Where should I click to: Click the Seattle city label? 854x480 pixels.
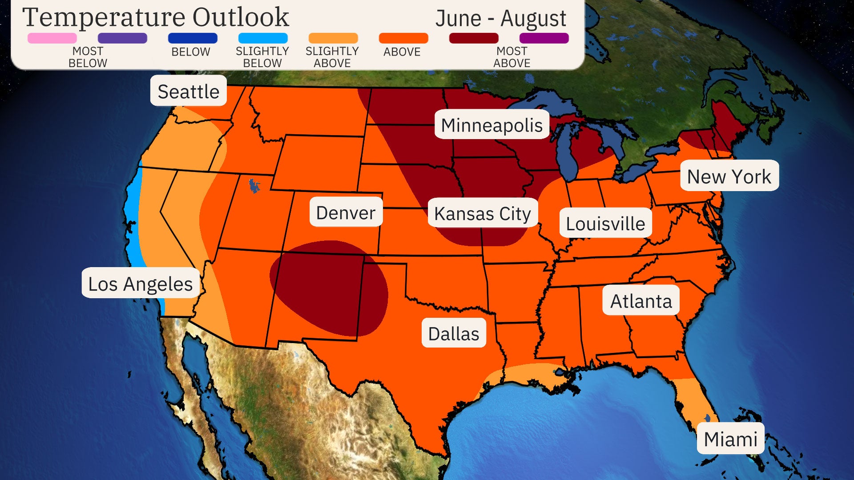pyautogui.click(x=188, y=91)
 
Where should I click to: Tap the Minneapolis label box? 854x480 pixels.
pyautogui.click(x=491, y=125)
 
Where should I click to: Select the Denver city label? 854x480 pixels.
pyautogui.click(x=346, y=212)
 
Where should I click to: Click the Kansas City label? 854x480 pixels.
pyautogui.click(x=483, y=213)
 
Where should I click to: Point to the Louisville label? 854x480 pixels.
pyautogui.click(x=605, y=223)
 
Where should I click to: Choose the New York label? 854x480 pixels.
pyautogui.click(x=729, y=176)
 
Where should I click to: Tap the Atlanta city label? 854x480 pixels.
pyautogui.click(x=641, y=301)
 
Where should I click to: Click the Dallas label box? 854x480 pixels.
pyautogui.click(x=454, y=333)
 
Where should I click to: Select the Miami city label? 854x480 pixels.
pyautogui.click(x=730, y=439)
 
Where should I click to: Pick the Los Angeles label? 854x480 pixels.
pyautogui.click(x=140, y=284)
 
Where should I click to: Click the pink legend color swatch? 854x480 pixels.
pyautogui.click(x=52, y=38)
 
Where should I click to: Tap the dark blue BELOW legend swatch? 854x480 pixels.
pyautogui.click(x=193, y=38)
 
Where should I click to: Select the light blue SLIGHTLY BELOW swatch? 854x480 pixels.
pyautogui.click(x=262, y=38)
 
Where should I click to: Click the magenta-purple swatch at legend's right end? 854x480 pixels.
pyautogui.click(x=544, y=38)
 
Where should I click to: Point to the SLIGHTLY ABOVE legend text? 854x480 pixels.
pyautogui.click(x=332, y=57)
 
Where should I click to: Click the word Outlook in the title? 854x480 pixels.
pyautogui.click(x=240, y=18)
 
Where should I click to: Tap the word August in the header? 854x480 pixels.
pyautogui.click(x=533, y=19)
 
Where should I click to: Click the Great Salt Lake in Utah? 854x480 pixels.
pyautogui.click(x=254, y=185)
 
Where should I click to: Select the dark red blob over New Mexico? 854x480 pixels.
pyautogui.click(x=329, y=287)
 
